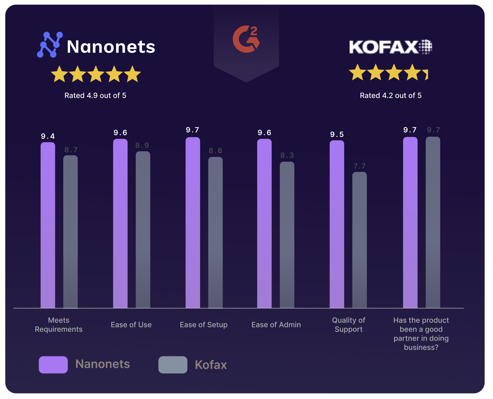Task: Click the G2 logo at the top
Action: pos(246,39)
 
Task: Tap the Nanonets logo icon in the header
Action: pos(50,45)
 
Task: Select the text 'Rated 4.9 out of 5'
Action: pos(95,95)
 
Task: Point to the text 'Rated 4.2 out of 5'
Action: pos(390,95)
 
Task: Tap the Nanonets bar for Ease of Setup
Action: pos(193,223)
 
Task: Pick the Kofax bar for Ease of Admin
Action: pos(287,235)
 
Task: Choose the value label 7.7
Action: pos(359,166)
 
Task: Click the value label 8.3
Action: pos(287,155)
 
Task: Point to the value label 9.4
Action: pos(48,136)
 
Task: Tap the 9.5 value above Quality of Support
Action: pos(337,135)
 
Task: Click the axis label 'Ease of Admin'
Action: pos(276,325)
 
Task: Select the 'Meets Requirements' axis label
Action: pos(59,325)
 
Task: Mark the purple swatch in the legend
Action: pos(53,365)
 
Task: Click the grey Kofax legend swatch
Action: pos(173,365)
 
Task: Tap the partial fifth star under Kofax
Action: pos(426,74)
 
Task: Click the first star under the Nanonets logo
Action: pos(59,74)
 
